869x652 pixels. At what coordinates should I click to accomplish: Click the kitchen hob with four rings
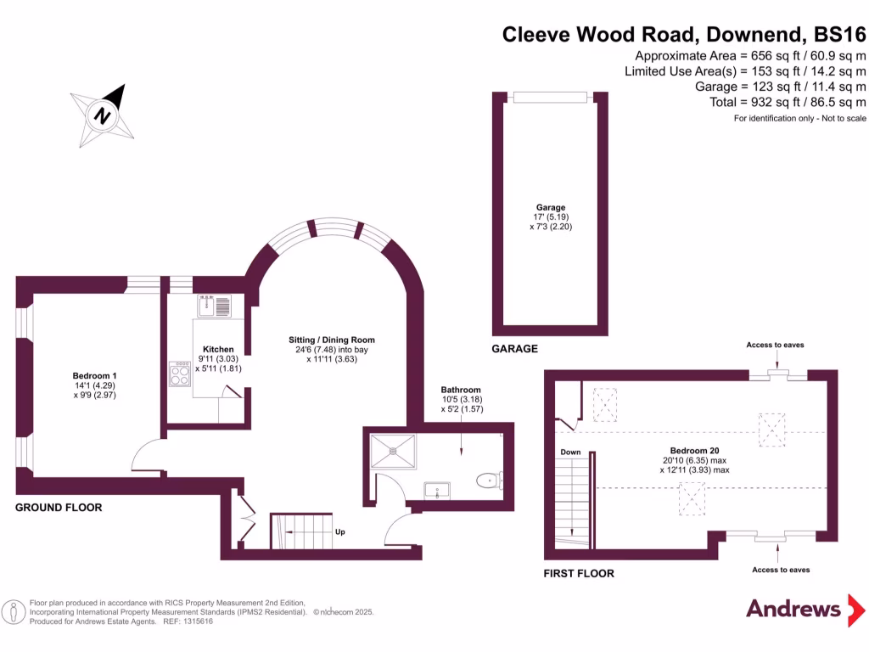coord(180,374)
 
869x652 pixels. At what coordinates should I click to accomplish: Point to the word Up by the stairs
coord(340,531)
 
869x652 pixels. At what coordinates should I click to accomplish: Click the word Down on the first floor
coord(570,452)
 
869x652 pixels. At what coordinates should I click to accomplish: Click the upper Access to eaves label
coord(775,345)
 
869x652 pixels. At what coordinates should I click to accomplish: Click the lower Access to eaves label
coord(780,570)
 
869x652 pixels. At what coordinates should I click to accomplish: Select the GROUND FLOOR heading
coord(59,508)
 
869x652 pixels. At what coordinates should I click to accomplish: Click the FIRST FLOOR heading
coord(579,574)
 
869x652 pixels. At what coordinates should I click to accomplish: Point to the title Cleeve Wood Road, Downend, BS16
coord(684,35)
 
